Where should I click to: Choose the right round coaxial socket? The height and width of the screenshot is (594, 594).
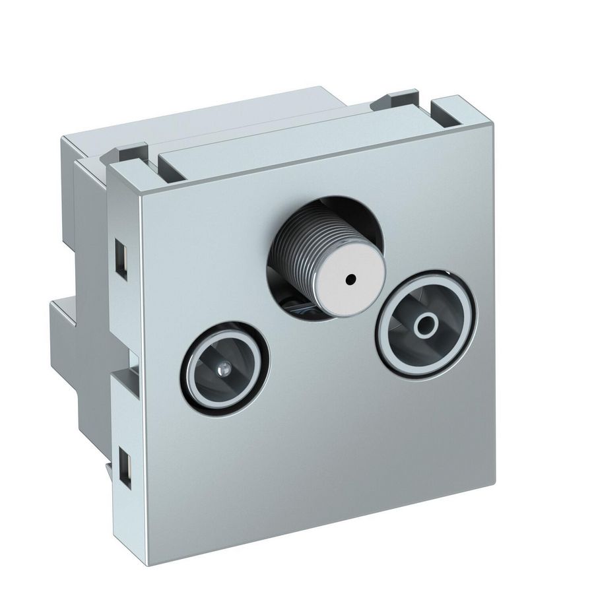pyautogui.click(x=428, y=323)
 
